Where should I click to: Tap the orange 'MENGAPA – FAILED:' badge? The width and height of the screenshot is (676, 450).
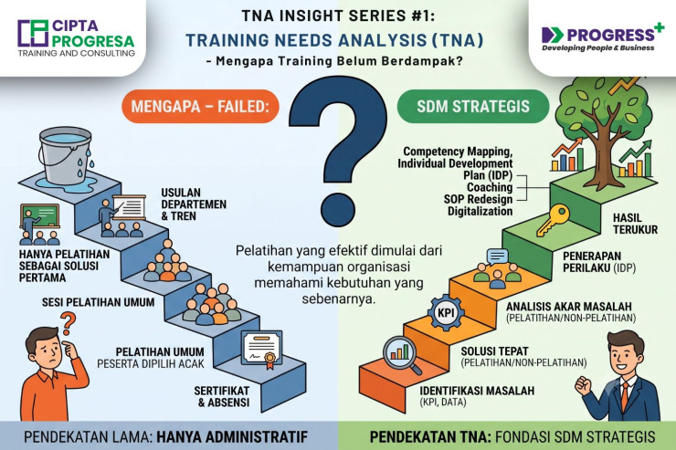point(200,107)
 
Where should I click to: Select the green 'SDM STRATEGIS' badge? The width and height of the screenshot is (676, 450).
point(473,107)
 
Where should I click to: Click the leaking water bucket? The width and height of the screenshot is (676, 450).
point(66,155)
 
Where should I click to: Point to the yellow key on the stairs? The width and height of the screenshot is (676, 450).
point(553,220)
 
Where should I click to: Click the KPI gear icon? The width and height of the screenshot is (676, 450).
point(446,312)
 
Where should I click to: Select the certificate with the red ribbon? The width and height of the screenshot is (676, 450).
point(261,349)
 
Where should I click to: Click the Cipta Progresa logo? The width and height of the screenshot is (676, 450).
point(77,38)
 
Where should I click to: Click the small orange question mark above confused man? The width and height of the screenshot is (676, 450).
point(68,323)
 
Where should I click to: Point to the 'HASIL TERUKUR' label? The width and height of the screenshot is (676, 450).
point(635,224)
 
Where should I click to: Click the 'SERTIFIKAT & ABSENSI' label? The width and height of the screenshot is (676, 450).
point(222,397)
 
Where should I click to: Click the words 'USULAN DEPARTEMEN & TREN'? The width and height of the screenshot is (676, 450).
point(194,204)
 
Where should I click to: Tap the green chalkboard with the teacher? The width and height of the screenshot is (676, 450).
point(39,215)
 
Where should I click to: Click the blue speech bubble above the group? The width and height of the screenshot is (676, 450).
point(498,256)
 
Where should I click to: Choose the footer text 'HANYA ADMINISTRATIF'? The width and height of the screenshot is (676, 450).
point(232,436)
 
